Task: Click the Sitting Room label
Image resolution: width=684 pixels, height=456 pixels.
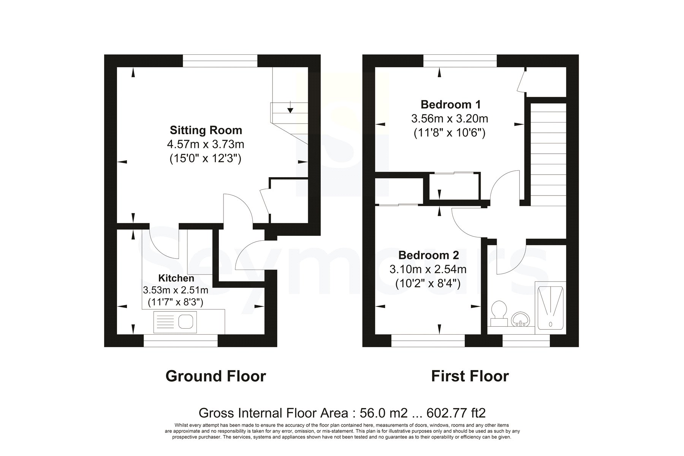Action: [x=206, y=130]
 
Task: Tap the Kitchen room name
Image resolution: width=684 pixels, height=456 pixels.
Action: [x=176, y=278]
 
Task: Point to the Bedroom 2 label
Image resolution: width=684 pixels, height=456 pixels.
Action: [x=428, y=255]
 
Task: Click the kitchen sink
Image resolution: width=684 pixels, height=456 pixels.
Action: [x=175, y=322]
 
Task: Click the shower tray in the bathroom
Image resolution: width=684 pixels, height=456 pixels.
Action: [x=550, y=308]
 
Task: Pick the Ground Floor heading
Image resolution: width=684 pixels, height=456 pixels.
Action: [x=215, y=376]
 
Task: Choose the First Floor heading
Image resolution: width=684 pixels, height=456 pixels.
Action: [x=470, y=376]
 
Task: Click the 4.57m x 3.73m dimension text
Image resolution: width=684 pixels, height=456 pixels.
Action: [x=206, y=145]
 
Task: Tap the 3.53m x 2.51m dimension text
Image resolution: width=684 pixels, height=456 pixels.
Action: [x=176, y=290]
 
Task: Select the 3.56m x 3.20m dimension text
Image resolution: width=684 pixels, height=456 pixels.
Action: [x=450, y=119]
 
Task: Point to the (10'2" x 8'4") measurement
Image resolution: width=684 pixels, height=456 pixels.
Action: [x=428, y=283]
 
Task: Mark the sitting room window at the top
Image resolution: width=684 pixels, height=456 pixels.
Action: [x=220, y=61]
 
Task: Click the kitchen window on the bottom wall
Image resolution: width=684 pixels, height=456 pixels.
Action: [x=180, y=341]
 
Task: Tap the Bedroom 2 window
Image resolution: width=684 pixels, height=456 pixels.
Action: [x=428, y=341]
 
